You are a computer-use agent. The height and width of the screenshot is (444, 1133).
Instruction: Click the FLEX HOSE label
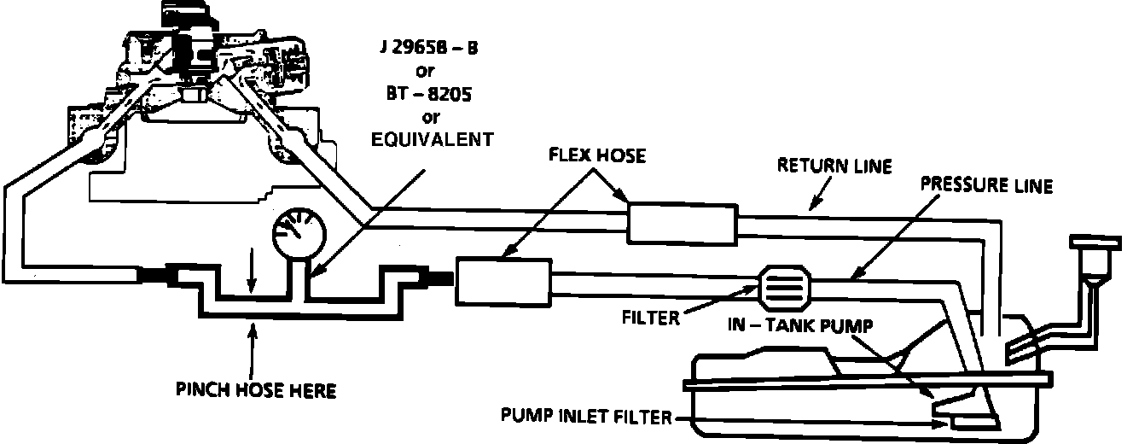(597, 156)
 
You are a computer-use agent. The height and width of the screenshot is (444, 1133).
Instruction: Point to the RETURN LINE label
(834, 166)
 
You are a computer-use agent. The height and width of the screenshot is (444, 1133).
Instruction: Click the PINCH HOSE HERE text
(256, 391)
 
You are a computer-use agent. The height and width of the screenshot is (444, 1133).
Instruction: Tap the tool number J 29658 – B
(428, 48)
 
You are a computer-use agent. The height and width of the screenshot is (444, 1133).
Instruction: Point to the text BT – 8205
(428, 95)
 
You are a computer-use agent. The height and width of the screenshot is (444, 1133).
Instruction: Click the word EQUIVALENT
(432, 139)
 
